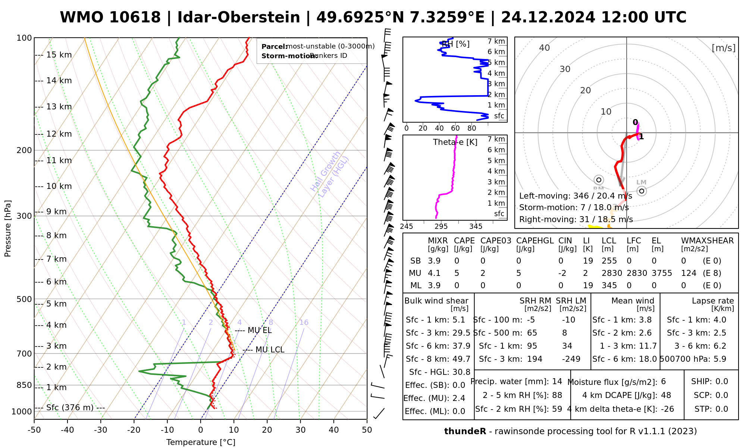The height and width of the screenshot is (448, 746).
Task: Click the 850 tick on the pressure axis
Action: pos(24,385)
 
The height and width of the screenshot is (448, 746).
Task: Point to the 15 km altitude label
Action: pos(59,55)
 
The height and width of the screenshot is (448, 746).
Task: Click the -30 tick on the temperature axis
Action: pos(101,430)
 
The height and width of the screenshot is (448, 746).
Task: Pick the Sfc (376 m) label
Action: pos(70,408)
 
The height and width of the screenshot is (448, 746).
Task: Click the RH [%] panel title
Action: pos(455,44)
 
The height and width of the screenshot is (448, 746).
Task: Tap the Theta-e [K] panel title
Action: pos(455,142)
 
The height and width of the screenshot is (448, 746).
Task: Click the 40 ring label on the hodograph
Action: pos(545,48)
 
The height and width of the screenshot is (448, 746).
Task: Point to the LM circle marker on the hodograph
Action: pos(642,191)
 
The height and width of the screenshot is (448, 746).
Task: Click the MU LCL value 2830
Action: pos(612,273)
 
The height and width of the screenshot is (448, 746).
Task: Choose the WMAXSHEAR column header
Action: pos(707,241)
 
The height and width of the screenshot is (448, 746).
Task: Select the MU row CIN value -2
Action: pos(562,273)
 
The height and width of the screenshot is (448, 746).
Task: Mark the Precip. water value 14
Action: pos(557,382)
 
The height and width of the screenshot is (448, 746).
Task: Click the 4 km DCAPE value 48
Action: pos(666,395)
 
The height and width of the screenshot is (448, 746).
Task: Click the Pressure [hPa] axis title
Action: pos(8,228)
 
